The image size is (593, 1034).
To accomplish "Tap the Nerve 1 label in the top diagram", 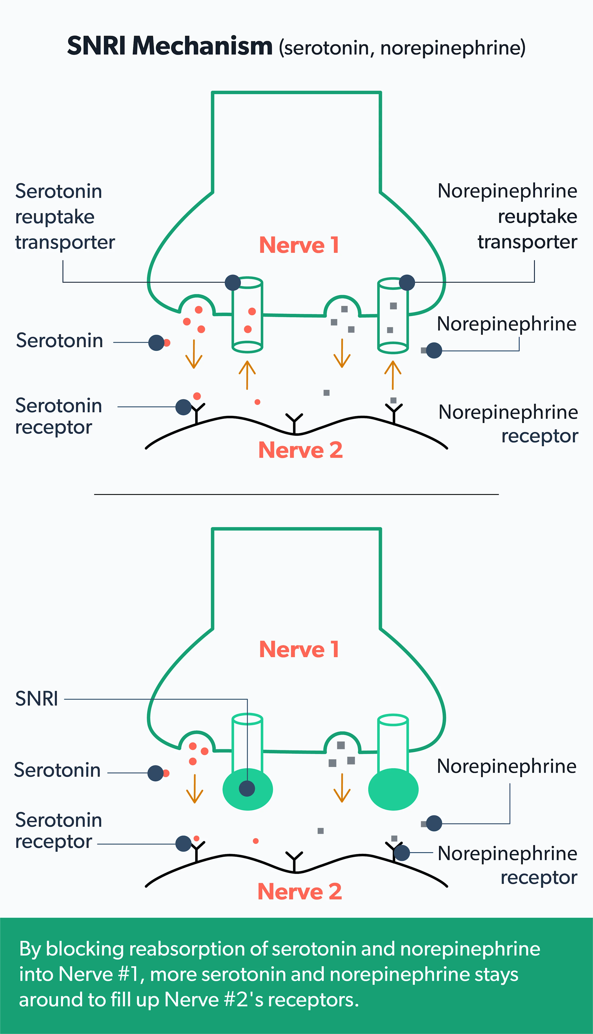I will [299, 245].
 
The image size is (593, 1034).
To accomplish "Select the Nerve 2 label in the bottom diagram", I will [300, 891].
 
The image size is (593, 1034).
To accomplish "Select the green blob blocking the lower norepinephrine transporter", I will [393, 789].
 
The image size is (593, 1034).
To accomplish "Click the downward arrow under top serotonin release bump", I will [194, 354].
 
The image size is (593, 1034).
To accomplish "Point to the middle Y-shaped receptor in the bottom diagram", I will [294, 861].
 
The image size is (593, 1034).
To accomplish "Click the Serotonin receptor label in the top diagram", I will [58, 416].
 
